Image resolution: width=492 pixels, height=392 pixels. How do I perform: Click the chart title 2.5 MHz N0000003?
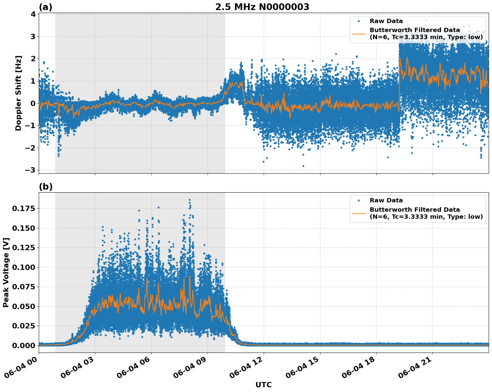point(262,7)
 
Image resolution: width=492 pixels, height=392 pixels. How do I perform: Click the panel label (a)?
point(45,7)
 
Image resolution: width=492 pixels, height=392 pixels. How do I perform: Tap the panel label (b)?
point(45,187)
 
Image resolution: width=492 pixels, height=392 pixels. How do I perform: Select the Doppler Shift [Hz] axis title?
point(18,93)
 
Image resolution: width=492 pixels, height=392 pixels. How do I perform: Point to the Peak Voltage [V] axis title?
point(6,272)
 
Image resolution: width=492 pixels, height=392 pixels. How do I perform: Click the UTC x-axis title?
point(263,385)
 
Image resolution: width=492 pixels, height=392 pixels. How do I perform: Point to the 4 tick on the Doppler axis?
point(33,14)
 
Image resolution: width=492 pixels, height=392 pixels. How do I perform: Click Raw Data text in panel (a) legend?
point(386,21)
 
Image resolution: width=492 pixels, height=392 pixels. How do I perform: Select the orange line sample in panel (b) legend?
point(359,213)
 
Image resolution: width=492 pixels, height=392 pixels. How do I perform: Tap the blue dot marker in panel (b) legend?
point(359,200)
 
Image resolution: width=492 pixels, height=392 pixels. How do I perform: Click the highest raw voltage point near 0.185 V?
point(190,200)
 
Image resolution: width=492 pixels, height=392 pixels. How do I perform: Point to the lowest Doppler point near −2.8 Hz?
point(303,166)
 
